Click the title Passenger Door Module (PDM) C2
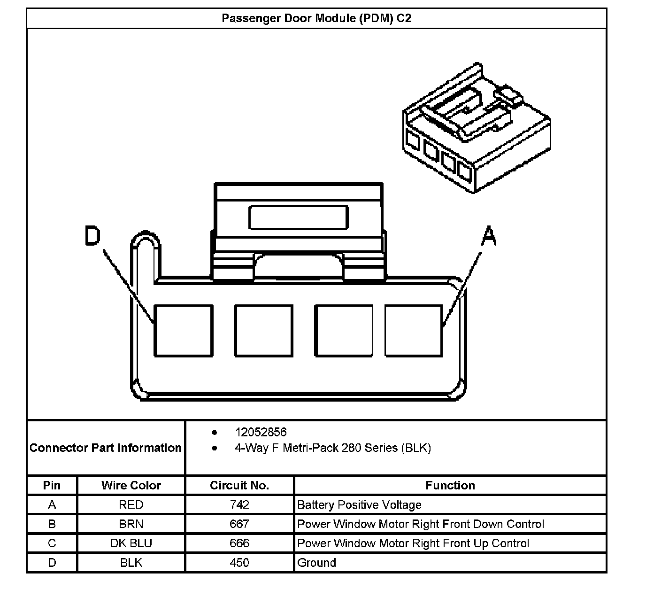pyautogui.click(x=316, y=18)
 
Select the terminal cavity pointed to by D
pyautogui.click(x=183, y=331)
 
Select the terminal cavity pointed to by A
pyautogui.click(x=413, y=331)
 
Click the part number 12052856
pyautogui.click(x=261, y=432)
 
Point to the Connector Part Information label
pyautogui.click(x=106, y=448)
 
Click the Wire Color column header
pyautogui.click(x=131, y=485)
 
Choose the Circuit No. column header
pyautogui.click(x=239, y=485)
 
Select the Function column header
pyautogui.click(x=450, y=485)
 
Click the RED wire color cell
pyautogui.click(x=131, y=505)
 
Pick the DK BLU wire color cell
pyautogui.click(x=131, y=543)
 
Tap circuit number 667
pyautogui.click(x=239, y=524)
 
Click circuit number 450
pyautogui.click(x=239, y=563)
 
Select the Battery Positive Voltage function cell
pyautogui.click(x=359, y=505)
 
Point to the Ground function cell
pyautogui.click(x=317, y=563)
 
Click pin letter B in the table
pyautogui.click(x=52, y=524)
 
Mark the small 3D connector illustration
pyautogui.click(x=475, y=129)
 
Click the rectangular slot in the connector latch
pyautogui.click(x=299, y=217)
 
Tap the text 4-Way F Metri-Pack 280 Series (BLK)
pyautogui.click(x=333, y=448)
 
